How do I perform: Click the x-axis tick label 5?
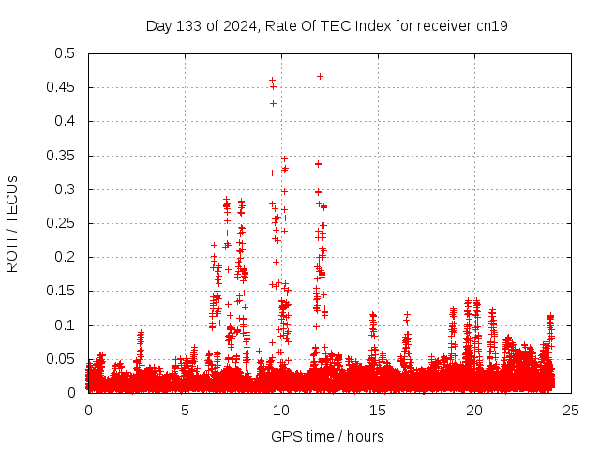185,411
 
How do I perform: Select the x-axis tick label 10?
281,411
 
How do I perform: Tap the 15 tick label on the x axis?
378,411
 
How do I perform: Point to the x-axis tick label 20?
474,411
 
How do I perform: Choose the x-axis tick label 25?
571,411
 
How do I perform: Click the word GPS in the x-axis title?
284,436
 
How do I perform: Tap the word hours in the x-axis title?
364,436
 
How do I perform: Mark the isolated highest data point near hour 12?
320,76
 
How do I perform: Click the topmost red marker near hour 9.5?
272,81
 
